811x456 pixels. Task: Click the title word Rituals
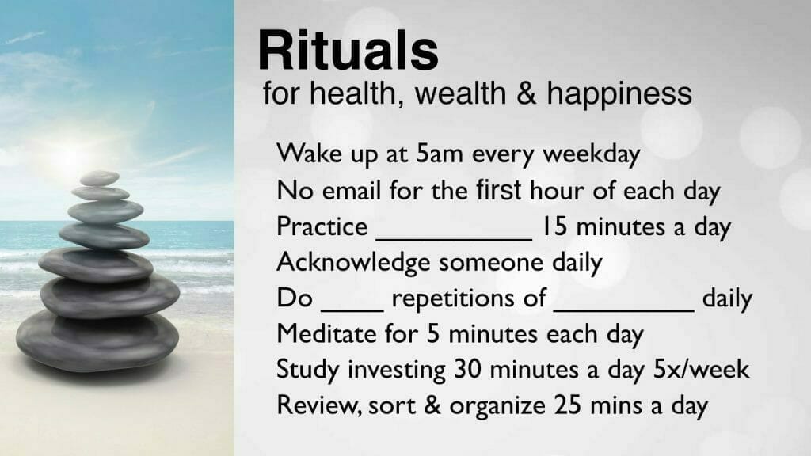tap(348, 50)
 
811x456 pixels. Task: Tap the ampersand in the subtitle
tap(526, 93)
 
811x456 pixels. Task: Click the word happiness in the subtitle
tap(619, 95)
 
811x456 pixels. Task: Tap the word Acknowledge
tap(353, 263)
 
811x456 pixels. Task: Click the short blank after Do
tap(352, 310)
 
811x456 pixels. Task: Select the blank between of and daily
tap(624, 310)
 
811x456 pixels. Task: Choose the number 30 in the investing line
tap(467, 369)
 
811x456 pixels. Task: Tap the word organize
tap(497, 406)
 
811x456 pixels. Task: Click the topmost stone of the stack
tap(99, 178)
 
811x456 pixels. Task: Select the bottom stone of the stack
tap(97, 340)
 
